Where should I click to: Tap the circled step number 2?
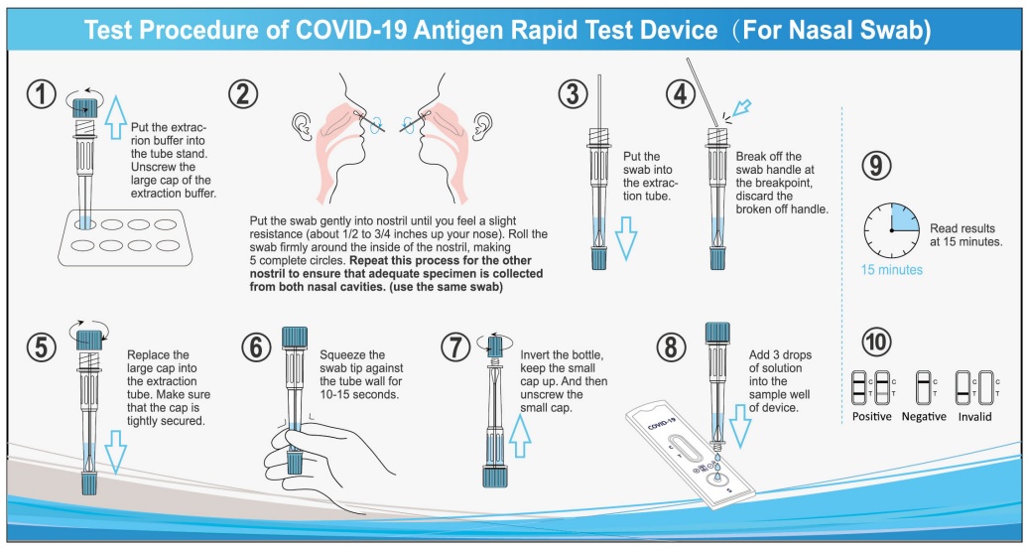click(x=243, y=94)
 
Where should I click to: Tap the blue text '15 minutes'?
click(x=891, y=270)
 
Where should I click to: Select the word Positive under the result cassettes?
click(x=871, y=416)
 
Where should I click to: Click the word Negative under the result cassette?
click(x=923, y=416)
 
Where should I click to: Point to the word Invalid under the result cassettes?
click(x=974, y=416)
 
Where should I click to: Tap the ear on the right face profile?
click(x=484, y=123)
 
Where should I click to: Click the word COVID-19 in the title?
click(x=358, y=30)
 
